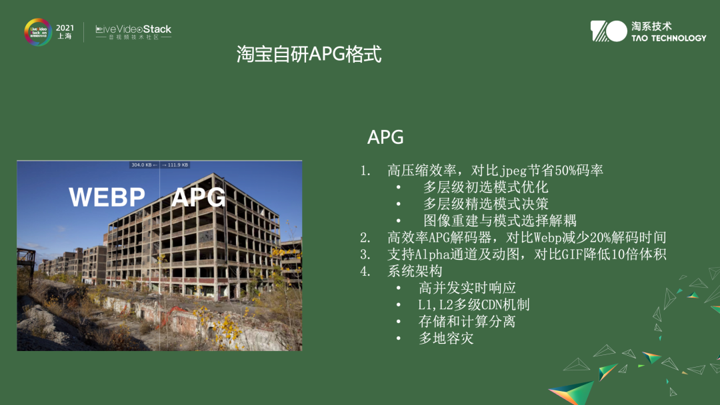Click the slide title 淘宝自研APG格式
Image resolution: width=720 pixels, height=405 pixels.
[309, 55]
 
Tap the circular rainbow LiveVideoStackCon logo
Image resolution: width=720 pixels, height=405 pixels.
[38, 32]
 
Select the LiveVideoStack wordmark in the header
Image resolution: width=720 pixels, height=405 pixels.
[133, 29]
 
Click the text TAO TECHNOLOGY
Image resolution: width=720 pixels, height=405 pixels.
[669, 38]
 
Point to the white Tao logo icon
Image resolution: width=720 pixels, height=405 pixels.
[608, 31]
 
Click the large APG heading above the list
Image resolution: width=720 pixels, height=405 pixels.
[385, 137]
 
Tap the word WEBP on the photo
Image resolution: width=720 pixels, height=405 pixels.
[107, 197]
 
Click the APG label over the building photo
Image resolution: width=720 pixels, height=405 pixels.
[198, 197]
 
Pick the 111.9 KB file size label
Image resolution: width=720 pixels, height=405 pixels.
[178, 165]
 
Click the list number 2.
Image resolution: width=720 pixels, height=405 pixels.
[365, 238]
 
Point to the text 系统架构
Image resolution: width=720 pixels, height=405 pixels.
[415, 271]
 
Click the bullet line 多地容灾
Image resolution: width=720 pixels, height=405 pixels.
[446, 338]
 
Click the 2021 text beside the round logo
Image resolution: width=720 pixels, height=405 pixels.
[65, 28]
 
